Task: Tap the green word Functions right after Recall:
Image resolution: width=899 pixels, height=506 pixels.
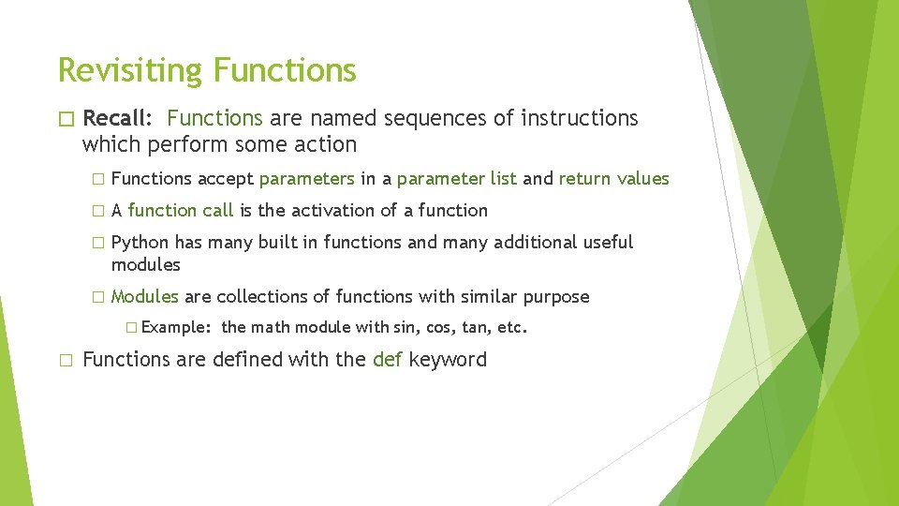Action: coord(214,118)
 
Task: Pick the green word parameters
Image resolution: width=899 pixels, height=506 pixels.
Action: coord(306,178)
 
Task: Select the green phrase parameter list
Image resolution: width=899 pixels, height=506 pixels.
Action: coord(456,178)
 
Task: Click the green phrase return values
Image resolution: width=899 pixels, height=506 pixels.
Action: coord(613,178)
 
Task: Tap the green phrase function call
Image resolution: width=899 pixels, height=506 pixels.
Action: coord(181,210)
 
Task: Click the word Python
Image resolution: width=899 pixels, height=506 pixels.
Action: coord(140,242)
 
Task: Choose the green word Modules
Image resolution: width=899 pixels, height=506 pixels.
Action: coord(144,296)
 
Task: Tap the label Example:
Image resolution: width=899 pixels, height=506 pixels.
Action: coord(176,328)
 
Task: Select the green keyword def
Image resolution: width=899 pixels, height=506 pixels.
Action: coord(388,360)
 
